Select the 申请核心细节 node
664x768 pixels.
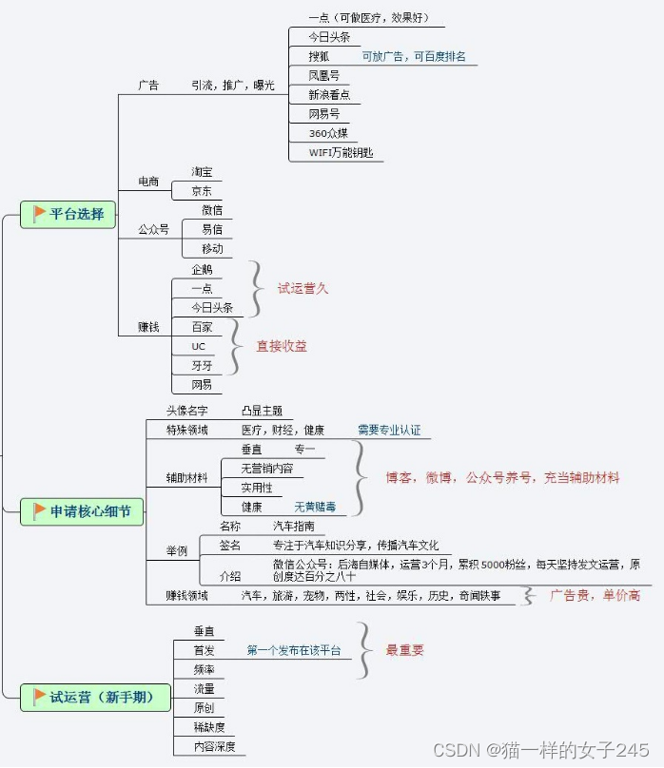83,511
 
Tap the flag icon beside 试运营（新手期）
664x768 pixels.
39,698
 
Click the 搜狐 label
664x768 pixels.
319,57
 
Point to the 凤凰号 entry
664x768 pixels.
323,76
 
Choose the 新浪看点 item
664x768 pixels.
329,95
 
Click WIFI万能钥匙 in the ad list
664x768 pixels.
341,152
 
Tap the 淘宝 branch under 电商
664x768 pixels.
201,172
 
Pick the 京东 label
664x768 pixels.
201,191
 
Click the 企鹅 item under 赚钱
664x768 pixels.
202,270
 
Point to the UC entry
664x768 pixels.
198,346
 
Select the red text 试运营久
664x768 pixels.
303,288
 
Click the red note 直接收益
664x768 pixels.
282,346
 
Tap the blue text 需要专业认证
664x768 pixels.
388,430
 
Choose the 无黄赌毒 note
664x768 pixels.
314,507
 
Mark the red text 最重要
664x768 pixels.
404,650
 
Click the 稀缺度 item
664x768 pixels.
208,727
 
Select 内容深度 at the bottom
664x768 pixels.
214,746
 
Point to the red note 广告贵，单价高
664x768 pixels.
595,595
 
